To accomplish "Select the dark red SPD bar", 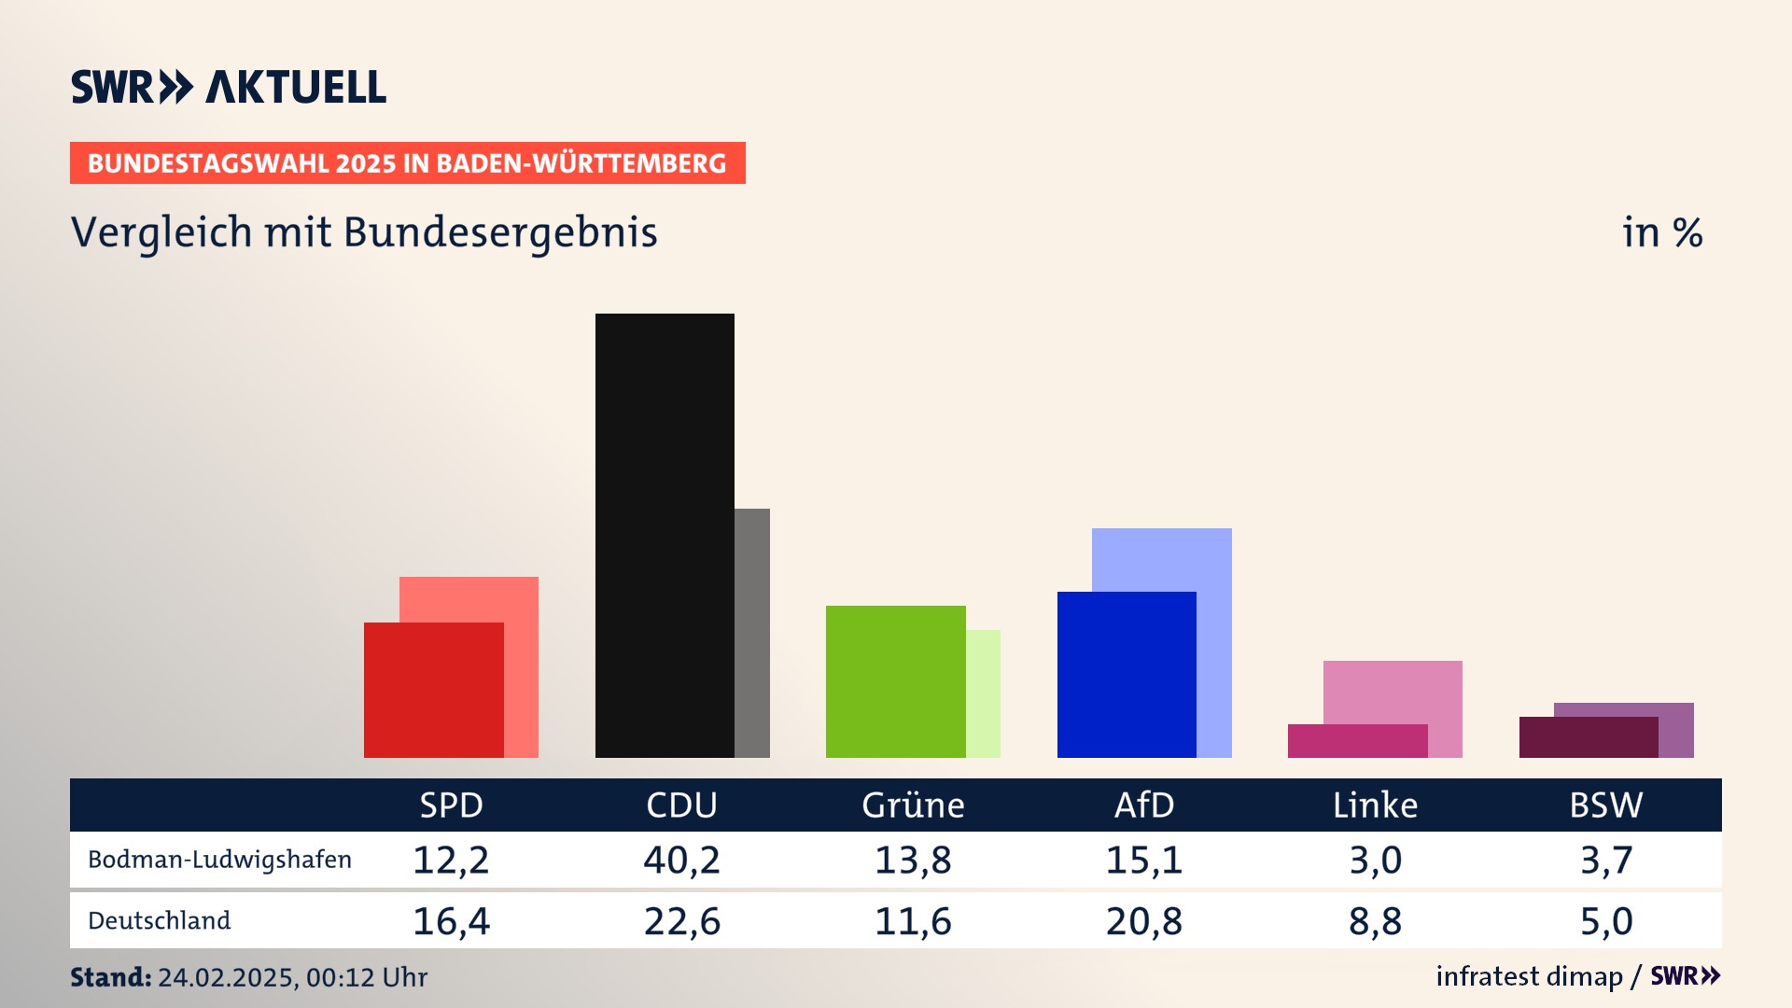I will (x=433, y=690).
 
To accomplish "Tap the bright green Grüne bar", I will (x=895, y=681).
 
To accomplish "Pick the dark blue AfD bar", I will (x=1127, y=674).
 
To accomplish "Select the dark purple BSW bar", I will (x=1589, y=737).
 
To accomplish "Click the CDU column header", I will (x=681, y=805).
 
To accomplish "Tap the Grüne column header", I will (x=913, y=805).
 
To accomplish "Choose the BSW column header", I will (x=1605, y=805).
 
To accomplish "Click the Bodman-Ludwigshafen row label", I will (x=219, y=860).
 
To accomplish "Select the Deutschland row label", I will (x=159, y=920).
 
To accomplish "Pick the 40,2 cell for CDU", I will (x=681, y=860).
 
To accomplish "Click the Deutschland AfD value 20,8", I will (x=1143, y=921).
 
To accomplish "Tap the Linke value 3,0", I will (x=1375, y=860).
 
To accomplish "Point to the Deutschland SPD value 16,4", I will (x=451, y=921).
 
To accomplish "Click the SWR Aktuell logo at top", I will (x=229, y=87).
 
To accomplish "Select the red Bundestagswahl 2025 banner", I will (x=407, y=163).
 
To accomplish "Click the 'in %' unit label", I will (x=1661, y=232).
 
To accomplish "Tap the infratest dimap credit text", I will (x=1529, y=976).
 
